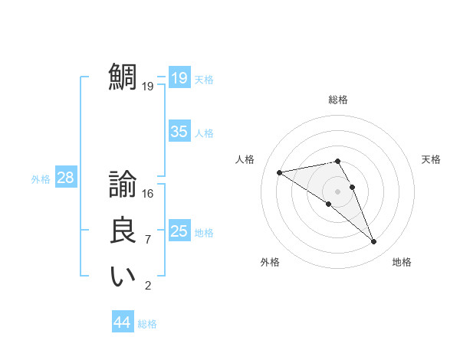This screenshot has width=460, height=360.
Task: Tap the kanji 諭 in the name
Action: tap(123, 185)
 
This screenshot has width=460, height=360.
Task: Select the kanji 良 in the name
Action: tap(123, 231)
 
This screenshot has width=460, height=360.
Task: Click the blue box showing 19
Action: tap(179, 78)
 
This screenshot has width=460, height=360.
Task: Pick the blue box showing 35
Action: tap(179, 132)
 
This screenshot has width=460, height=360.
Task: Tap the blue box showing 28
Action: tap(66, 178)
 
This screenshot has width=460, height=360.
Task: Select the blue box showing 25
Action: tap(179, 231)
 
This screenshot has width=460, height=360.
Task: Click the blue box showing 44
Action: tap(123, 322)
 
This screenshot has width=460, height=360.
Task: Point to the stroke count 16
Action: tap(148, 194)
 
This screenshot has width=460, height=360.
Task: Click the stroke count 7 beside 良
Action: tap(148, 240)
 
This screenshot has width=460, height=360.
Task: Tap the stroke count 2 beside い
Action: tap(148, 286)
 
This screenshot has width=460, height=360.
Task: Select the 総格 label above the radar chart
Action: tap(338, 100)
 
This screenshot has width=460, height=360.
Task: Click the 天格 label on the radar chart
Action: tap(431, 159)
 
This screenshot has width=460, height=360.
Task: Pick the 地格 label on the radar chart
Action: tap(402, 262)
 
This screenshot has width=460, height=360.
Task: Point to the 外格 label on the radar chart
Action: tap(270, 262)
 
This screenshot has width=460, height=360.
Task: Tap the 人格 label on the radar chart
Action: tap(245, 159)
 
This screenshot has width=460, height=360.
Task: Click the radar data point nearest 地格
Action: tap(374, 242)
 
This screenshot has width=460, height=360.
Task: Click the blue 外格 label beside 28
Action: tap(41, 179)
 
